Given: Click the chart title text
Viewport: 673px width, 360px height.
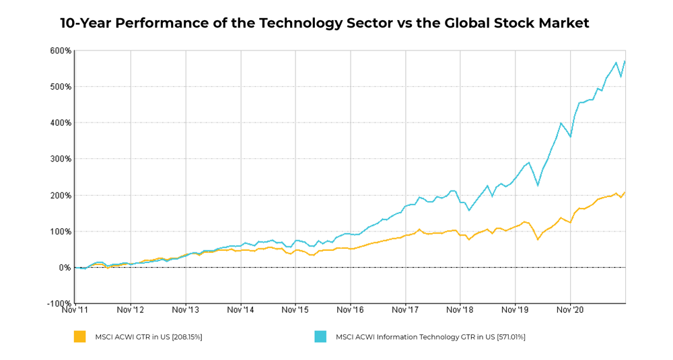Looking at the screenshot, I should point(324,24).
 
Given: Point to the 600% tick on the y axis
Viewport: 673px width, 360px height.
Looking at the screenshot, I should point(61,51).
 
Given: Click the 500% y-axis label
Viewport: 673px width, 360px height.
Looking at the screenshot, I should point(61,87).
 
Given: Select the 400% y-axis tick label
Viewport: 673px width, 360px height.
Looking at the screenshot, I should point(61,123).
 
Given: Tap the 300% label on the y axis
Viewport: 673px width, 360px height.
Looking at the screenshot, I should point(61,159).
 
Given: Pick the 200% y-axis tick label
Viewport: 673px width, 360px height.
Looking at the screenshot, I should point(61,196).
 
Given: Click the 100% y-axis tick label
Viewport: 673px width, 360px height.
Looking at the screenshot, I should point(61,231).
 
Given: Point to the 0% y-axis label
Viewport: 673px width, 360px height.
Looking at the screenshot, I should point(64,268).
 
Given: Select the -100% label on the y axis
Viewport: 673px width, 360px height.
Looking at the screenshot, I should point(59,304).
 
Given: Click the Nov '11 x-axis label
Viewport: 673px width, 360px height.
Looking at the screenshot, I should point(75,311).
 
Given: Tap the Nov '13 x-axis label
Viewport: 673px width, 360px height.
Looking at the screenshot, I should point(185,311).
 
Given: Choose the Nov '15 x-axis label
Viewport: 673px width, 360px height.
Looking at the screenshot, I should point(295,311).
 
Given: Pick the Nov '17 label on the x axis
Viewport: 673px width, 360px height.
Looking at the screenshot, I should point(405,311).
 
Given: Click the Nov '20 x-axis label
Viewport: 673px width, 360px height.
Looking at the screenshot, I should point(570,311).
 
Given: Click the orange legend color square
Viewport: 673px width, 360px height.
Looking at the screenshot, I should point(80,336).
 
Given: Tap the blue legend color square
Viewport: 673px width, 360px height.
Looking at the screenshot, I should point(320,336).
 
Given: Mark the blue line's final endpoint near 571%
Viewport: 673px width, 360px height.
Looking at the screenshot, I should point(625,61).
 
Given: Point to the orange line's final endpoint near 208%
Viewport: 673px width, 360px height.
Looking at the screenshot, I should point(625,192).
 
